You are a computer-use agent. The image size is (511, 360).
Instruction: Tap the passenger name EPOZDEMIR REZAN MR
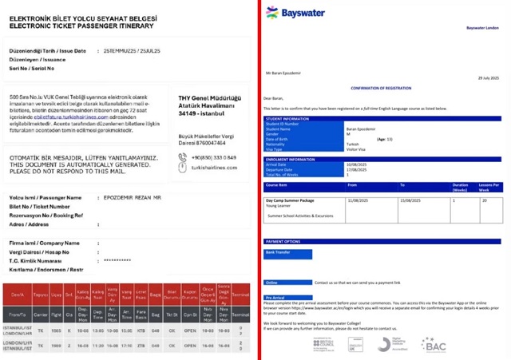pos(133,196)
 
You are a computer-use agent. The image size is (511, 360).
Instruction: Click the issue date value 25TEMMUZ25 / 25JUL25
pos(133,50)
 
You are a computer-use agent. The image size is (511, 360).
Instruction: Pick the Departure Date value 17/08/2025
pos(357,170)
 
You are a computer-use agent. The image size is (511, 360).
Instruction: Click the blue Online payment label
pos(271,282)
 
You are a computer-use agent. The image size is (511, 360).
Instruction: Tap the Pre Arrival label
pos(274,297)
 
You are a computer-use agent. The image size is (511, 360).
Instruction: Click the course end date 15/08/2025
pos(410,200)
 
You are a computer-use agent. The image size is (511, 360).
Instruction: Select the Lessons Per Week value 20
pos(484,200)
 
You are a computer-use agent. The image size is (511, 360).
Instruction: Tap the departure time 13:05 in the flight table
pos(97,329)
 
